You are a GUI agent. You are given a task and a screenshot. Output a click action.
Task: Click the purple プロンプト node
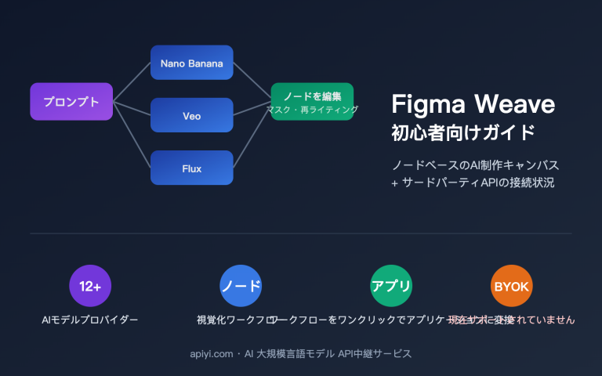[x=71, y=102]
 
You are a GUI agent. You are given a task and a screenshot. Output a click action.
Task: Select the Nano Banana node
[x=191, y=63]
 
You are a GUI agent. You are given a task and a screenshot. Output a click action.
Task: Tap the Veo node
[x=191, y=115]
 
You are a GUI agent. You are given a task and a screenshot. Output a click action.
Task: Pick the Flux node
[x=191, y=168]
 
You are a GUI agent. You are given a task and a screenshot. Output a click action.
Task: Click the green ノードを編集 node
[x=312, y=96]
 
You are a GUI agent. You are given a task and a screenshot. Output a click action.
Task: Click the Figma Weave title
[x=473, y=104]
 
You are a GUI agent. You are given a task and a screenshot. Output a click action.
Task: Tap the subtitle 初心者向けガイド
[x=463, y=132]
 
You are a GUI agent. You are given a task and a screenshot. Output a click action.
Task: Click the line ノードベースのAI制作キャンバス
[x=476, y=166]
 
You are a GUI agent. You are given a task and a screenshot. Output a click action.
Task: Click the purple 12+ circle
[x=90, y=286]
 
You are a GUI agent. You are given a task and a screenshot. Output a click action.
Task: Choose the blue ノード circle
[x=241, y=286]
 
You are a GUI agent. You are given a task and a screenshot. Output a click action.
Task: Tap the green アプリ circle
[x=391, y=286]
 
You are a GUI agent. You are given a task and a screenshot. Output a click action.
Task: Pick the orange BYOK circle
[x=511, y=286]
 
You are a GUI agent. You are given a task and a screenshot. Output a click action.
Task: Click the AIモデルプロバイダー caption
[x=90, y=320]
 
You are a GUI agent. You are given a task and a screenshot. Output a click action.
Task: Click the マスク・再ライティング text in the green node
[x=312, y=110]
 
